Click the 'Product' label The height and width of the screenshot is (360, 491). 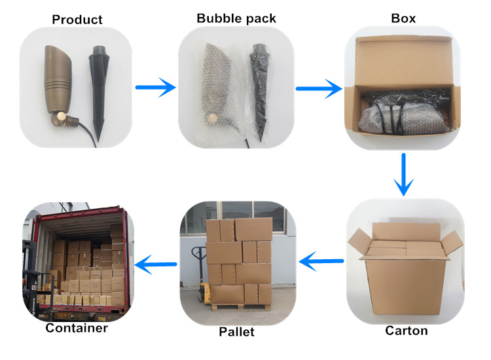click(77, 19)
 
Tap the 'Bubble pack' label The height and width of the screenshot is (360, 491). click(236, 18)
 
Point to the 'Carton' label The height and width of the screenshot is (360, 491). click(407, 331)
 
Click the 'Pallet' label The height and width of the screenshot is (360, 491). click(236, 332)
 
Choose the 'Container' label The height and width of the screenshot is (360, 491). click(77, 328)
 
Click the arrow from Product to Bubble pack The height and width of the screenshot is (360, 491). click(156, 86)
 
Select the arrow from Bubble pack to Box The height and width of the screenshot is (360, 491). click(319, 87)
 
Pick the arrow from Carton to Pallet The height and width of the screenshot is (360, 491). click(321, 262)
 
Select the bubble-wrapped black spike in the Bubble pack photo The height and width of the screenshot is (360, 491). click(258, 92)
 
